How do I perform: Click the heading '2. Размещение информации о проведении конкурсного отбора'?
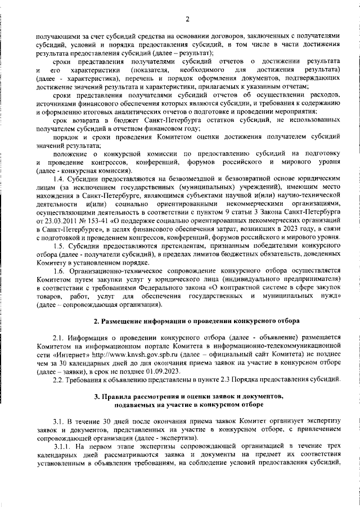click(x=188, y=321)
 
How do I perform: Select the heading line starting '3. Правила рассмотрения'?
click(x=188, y=397)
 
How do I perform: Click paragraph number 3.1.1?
click(x=63, y=446)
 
